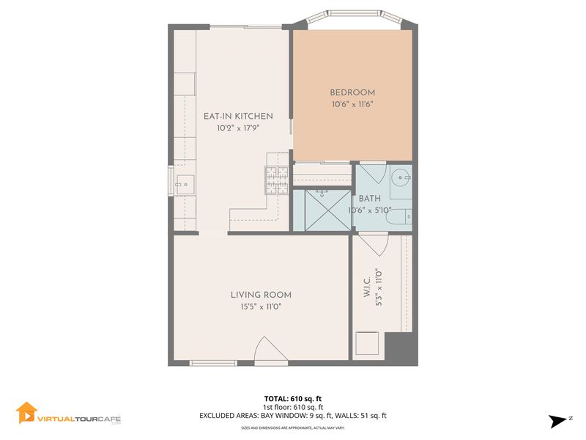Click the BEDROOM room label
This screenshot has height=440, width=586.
pyautogui.click(x=352, y=92)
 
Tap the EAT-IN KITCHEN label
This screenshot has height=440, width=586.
pyautogui.click(x=238, y=117)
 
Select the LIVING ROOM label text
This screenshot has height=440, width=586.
pyautogui.click(x=261, y=295)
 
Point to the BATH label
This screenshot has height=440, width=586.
pyautogui.click(x=370, y=199)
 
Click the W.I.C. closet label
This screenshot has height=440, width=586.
pyautogui.click(x=367, y=287)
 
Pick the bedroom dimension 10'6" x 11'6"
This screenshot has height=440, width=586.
pyautogui.click(x=352, y=104)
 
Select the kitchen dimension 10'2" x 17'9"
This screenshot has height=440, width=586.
pyautogui.click(x=238, y=128)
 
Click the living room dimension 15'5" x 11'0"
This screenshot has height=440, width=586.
pyautogui.click(x=261, y=307)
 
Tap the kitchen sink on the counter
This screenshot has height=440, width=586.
pyautogui.click(x=185, y=185)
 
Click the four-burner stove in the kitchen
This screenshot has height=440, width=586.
pyautogui.click(x=277, y=180)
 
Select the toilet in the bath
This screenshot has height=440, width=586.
pyautogui.click(x=398, y=217)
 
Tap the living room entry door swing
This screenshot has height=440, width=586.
pyautogui.click(x=270, y=350)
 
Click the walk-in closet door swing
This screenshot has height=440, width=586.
pyautogui.click(x=374, y=244)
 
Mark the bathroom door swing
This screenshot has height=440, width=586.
pyautogui.click(x=372, y=173)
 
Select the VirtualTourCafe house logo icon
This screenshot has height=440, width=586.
pyautogui.click(x=26, y=413)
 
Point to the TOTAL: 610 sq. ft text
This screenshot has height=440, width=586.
pyautogui.click(x=292, y=399)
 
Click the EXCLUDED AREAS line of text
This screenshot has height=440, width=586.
pyautogui.click(x=292, y=416)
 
